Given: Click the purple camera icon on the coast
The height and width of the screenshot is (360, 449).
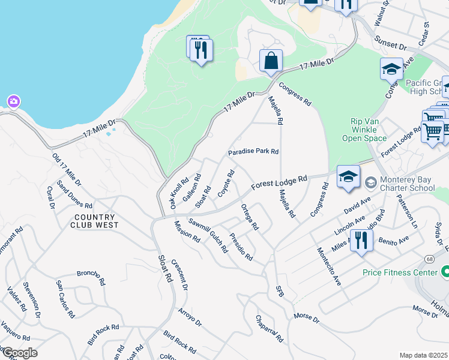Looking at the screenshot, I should [13, 101].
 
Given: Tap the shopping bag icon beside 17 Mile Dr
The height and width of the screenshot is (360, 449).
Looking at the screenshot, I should [271, 61].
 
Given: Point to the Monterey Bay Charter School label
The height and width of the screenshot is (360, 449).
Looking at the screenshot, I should [405, 184].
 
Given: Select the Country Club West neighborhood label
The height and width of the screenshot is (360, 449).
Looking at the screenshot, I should [96, 221].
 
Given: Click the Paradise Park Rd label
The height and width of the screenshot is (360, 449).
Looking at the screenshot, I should [253, 152].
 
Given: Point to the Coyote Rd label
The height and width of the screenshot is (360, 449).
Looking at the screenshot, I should [226, 183].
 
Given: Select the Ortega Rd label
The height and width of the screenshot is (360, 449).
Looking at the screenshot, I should [249, 217].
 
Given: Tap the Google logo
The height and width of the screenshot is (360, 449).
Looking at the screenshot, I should [19, 353].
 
